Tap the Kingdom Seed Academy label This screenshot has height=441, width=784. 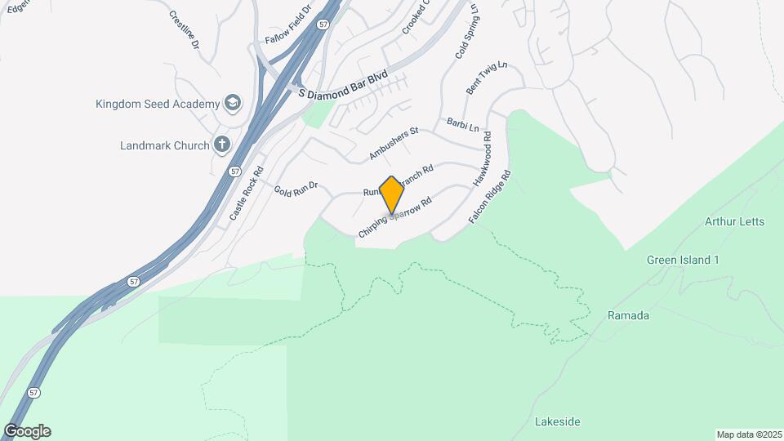pyautogui.click(x=158, y=104)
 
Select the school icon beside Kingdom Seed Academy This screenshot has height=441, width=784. pyautogui.click(x=233, y=103)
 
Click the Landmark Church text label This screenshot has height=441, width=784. pyautogui.click(x=165, y=146)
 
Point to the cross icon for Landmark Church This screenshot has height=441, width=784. pyautogui.click(x=221, y=145)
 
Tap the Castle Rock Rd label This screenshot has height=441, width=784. pyautogui.click(x=247, y=194)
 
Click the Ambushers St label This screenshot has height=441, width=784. pyautogui.click(x=393, y=142)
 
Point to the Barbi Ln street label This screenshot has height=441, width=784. pyautogui.click(x=462, y=124)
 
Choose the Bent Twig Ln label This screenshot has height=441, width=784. pyautogui.click(x=487, y=78)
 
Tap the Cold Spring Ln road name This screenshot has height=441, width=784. pyautogui.click(x=465, y=34)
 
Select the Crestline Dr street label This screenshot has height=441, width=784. pyautogui.click(x=185, y=29)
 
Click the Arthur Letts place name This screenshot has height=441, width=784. pyautogui.click(x=733, y=221)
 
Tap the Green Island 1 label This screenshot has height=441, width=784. pyautogui.click(x=683, y=261)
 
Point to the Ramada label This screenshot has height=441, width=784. pyautogui.click(x=628, y=315)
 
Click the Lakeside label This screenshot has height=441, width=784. pyautogui.click(x=557, y=421)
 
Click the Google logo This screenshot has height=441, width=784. pyautogui.click(x=27, y=431)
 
